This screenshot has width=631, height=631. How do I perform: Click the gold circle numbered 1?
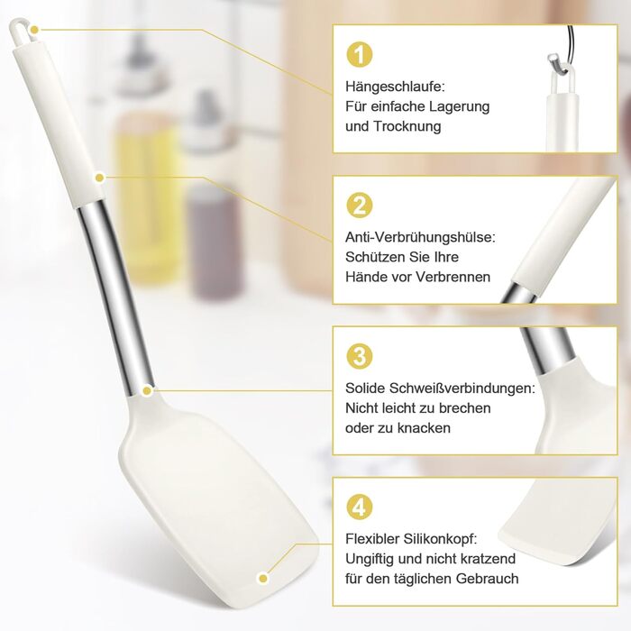[x=360, y=54]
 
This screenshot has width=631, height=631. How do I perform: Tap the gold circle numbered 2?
[x=360, y=205]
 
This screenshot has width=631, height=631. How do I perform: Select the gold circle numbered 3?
[x=360, y=356]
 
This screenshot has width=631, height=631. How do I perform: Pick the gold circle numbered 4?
[x=360, y=507]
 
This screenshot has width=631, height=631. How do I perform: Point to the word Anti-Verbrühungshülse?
[x=420, y=237]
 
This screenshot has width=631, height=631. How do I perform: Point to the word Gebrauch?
[x=487, y=579]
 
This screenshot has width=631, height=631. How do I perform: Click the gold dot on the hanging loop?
[x=35, y=30]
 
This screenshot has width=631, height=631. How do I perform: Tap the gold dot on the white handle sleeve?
[x=100, y=177]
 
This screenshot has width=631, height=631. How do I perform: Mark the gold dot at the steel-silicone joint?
[x=147, y=390]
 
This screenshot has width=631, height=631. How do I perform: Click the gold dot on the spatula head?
[x=263, y=579]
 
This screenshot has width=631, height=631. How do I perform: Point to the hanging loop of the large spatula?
[x=20, y=31]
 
